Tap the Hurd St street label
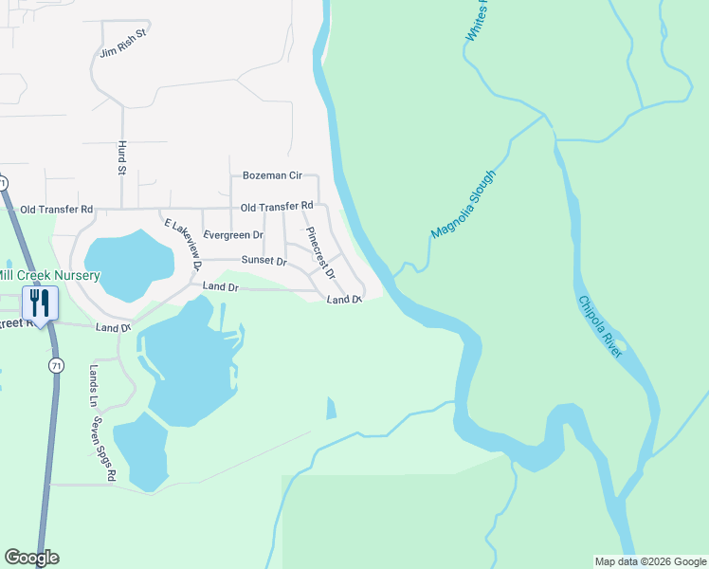point(121,157)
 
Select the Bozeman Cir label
point(272,175)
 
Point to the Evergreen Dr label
point(233,234)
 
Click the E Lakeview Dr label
point(184,245)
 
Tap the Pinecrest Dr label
point(319,252)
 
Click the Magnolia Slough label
point(464,204)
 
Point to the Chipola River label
point(600,325)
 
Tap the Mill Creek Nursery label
point(49,276)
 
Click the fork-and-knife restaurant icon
point(39,303)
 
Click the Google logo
point(31,558)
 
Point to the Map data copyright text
point(649,561)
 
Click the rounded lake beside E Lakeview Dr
point(128,262)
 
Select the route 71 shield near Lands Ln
point(57,365)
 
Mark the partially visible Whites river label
point(480,21)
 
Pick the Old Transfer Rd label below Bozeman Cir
point(277,207)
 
